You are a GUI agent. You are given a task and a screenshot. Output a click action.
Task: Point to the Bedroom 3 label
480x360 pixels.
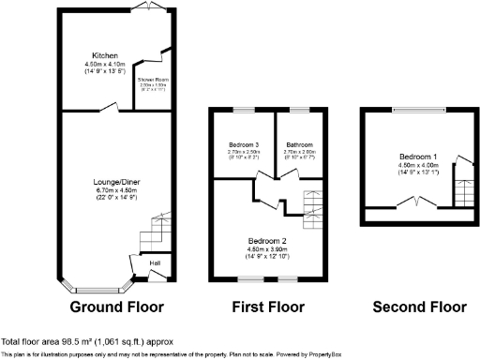pos(243,144)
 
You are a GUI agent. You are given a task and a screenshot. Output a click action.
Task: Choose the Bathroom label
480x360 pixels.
pos(300,144)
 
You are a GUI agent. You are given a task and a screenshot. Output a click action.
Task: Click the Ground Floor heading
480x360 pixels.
pos(116,307)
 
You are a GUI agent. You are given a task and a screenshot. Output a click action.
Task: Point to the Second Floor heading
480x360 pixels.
pos(418,307)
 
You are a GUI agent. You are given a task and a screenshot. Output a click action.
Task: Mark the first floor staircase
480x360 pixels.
pos(312,206)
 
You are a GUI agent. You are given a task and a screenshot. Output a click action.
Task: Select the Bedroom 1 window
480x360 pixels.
pos(418,110)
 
